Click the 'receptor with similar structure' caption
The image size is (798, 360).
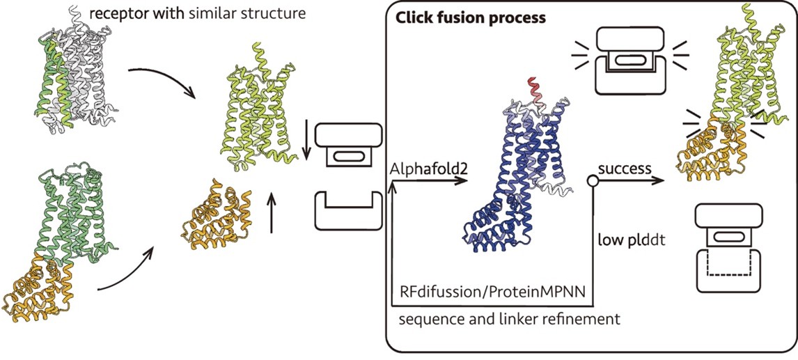pyautogui.click(x=198, y=13)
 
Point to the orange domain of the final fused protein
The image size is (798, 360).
pyautogui.click(x=703, y=150)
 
